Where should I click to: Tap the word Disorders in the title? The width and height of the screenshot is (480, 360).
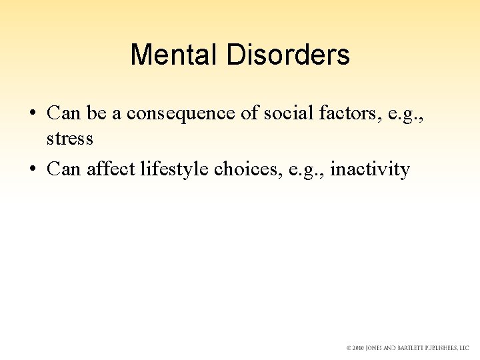pos(288,55)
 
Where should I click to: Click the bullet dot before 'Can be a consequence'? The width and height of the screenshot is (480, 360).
pos(33,114)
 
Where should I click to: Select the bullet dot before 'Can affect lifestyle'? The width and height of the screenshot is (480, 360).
pos(33,170)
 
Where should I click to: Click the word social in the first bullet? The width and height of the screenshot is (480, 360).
pos(285,113)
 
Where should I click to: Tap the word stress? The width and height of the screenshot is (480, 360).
pos(69,139)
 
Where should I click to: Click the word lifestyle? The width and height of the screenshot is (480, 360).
pos(175,169)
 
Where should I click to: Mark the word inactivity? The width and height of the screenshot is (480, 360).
pos(370,169)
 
